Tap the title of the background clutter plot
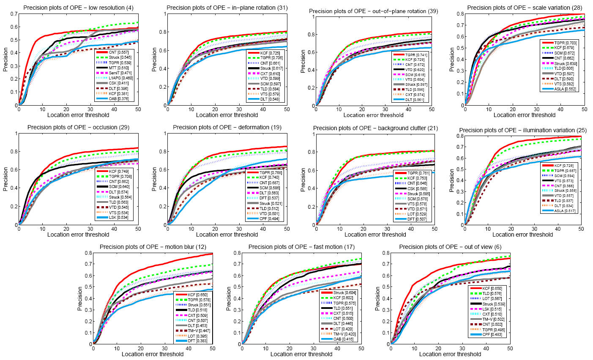pyautogui.click(x=375, y=128)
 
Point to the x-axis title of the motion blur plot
pyautogui.click(x=153, y=354)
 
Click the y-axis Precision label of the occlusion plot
pyautogui.click(x=5, y=179)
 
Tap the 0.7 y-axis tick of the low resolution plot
pyautogui.click(x=14, y=14)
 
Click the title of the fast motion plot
pyautogui.click(x=301, y=247)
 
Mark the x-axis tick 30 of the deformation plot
pyautogui.click(x=239, y=228)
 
